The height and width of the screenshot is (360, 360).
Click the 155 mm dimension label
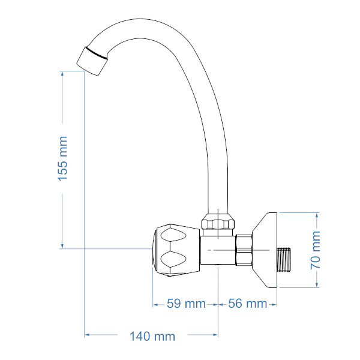62,158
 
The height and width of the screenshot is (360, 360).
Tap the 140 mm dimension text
152,337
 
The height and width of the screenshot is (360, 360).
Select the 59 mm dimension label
186,304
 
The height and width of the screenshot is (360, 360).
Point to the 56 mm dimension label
247,304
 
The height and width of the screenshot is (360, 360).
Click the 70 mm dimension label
316,250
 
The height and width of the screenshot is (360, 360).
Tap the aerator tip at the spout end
92,61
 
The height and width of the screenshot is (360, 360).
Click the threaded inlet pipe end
284,259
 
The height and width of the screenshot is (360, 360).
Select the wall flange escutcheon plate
265,250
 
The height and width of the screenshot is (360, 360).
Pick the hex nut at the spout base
218,221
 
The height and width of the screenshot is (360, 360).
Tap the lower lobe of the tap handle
173,260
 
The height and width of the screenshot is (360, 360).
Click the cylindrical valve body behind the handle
218,250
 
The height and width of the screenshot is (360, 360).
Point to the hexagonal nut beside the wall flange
244,250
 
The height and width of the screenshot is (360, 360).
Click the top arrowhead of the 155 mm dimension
62,73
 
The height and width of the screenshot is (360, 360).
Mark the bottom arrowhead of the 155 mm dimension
62,246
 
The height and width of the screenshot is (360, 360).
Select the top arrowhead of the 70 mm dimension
317,215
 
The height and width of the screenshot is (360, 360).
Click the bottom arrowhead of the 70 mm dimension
317,284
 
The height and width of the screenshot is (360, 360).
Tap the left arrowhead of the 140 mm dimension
87,335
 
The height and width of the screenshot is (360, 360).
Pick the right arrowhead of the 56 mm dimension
274,305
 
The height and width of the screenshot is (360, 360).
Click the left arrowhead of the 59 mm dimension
155,305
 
